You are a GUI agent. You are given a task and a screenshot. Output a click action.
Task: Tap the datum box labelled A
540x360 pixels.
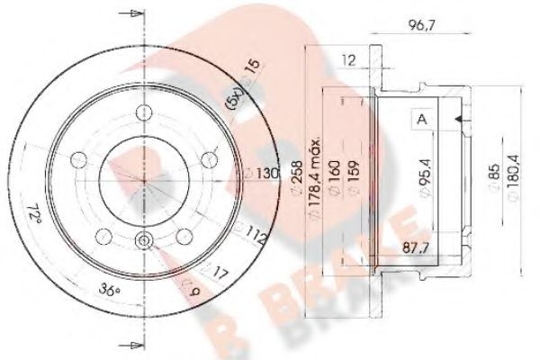420,119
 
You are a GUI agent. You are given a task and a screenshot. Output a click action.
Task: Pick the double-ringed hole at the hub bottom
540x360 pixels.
144,240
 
